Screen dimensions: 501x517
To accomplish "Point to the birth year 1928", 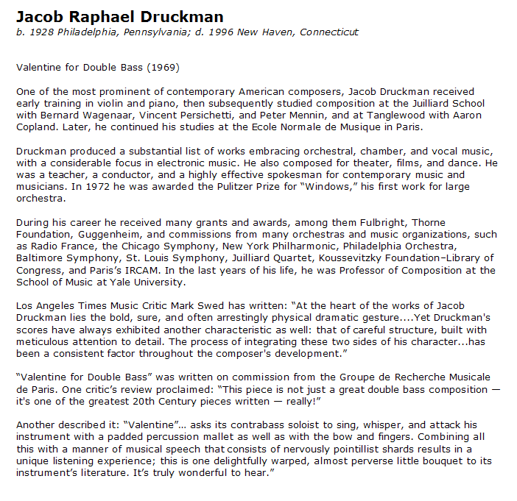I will (41, 32).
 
